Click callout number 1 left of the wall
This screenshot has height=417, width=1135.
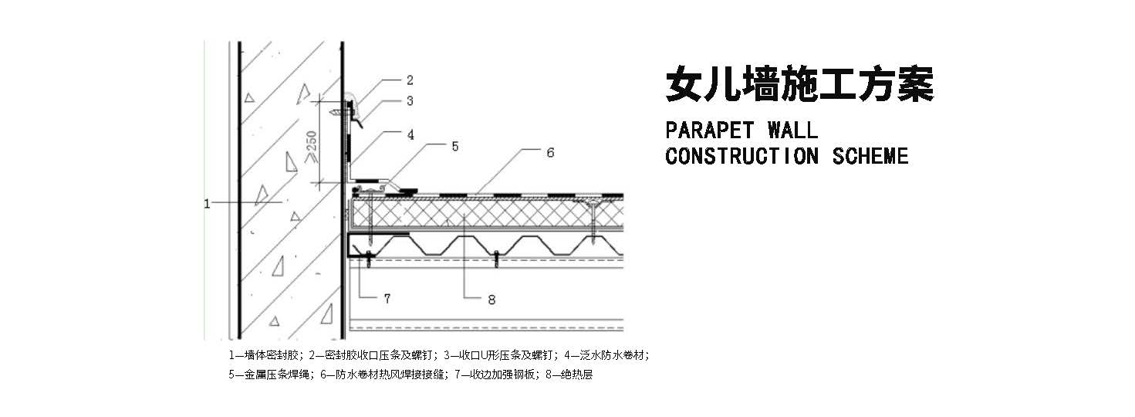(207, 203)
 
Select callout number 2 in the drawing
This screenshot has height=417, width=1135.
(410, 80)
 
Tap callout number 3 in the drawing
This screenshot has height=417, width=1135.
(410, 100)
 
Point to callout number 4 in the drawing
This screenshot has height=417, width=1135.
(410, 134)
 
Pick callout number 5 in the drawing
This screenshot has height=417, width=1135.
(455, 145)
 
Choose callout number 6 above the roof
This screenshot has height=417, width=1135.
(550, 153)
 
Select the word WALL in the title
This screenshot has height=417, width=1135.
(792, 129)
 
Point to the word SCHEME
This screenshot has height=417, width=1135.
(870, 156)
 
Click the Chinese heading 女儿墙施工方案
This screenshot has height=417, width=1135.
(799, 84)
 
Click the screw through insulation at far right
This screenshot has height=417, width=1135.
(593, 220)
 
